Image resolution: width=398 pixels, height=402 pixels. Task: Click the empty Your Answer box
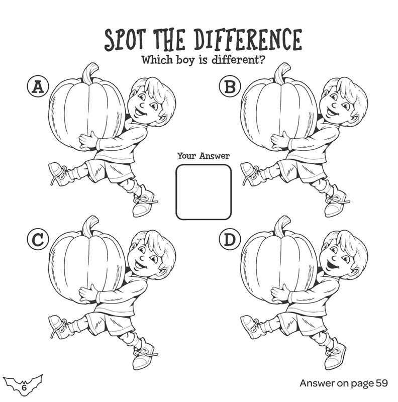[x=204, y=192]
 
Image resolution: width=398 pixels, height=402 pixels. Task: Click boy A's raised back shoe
[x=57, y=171]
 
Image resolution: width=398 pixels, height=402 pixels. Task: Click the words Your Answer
[x=204, y=156]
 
